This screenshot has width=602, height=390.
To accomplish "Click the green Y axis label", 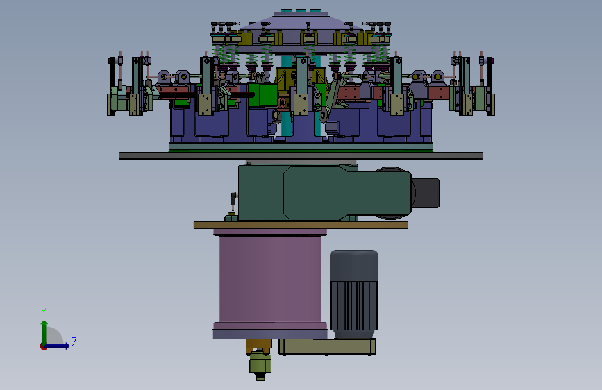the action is (44, 312).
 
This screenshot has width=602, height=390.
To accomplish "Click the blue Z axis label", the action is (74, 341).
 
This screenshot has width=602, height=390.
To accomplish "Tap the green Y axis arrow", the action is (44, 332).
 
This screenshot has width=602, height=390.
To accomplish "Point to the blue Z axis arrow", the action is (57, 346).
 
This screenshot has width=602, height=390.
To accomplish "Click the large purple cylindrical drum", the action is (270, 279).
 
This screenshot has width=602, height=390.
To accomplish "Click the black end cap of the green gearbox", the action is (426, 193).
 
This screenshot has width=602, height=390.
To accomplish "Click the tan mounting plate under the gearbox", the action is (301, 226).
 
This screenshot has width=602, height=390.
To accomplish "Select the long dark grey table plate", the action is (301, 156).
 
